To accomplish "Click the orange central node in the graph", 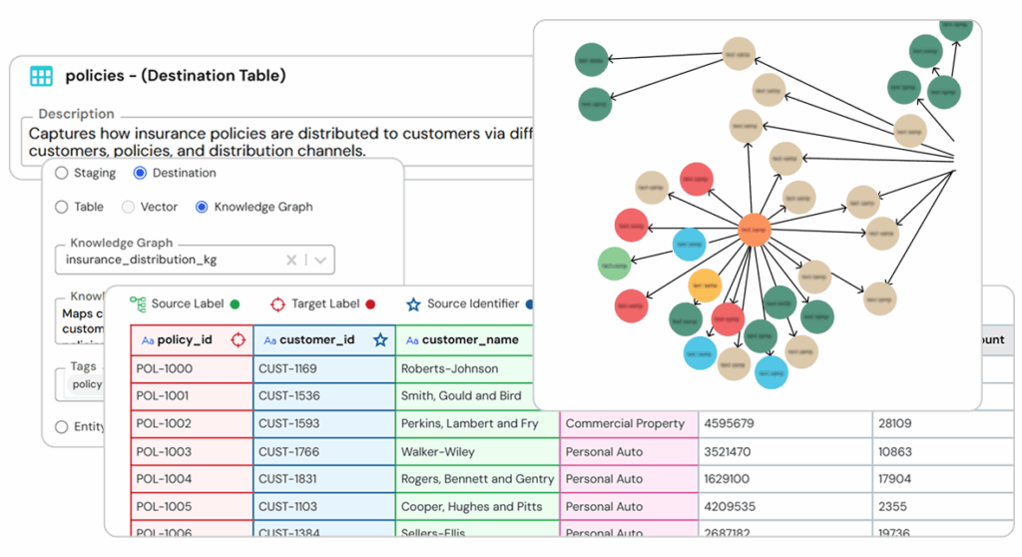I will (755, 231).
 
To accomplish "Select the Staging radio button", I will (62, 173).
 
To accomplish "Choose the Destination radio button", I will (140, 173).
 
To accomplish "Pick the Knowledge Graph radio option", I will (202, 207).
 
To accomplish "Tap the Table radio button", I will (62, 207).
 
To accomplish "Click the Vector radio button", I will (128, 207).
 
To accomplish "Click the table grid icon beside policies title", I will (41, 76).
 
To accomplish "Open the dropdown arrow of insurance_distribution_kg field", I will (320, 260).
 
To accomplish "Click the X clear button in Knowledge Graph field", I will (291, 260).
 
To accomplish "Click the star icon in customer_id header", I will (380, 339).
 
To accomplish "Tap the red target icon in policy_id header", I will (238, 339).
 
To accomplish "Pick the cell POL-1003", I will (164, 451).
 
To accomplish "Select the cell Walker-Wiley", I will (438, 451).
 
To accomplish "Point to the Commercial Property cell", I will (625, 423).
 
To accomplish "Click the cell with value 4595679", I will (729, 423).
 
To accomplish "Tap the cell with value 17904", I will (895, 479).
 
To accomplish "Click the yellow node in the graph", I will (705, 285).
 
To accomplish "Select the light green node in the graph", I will (614, 265).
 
